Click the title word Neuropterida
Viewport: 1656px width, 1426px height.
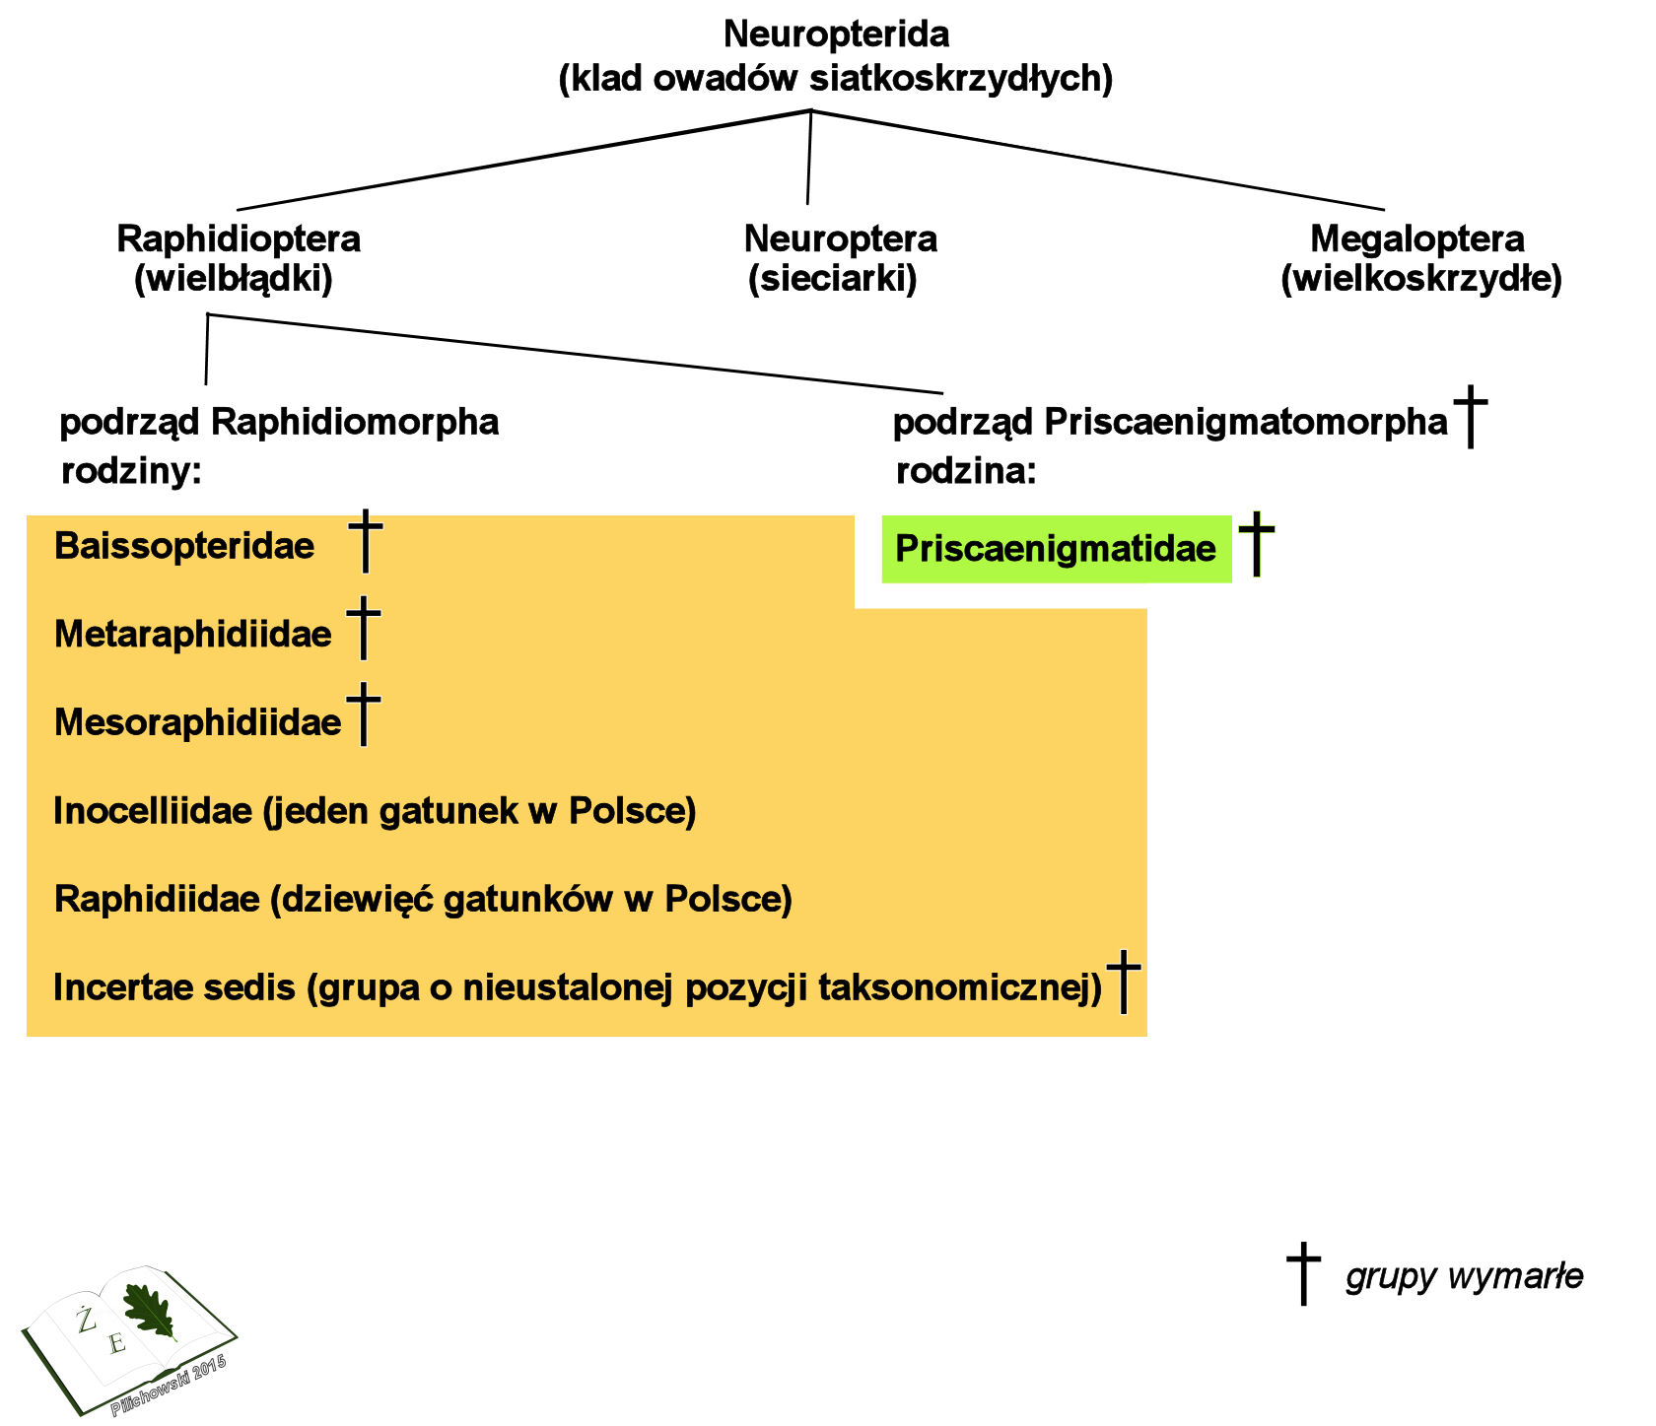[x=836, y=34]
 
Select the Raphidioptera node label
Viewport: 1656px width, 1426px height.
[x=239, y=238]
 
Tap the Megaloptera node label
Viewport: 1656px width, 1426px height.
[x=1416, y=238]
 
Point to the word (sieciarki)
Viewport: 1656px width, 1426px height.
[x=833, y=280]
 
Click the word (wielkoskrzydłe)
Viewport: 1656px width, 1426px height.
[x=1421, y=280]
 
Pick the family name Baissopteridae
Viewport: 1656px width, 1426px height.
[x=184, y=546]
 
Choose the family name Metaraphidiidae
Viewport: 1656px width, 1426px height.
[x=193, y=635]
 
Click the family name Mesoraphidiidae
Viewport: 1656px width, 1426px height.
[x=197, y=723]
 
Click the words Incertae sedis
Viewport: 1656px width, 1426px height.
[x=174, y=987]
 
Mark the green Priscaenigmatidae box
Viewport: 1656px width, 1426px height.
[x=1056, y=549]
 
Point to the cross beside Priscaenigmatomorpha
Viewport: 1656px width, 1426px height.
[x=1471, y=416]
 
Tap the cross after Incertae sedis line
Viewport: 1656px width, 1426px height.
[x=1124, y=982]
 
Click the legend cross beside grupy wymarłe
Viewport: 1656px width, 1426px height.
[x=1303, y=1273]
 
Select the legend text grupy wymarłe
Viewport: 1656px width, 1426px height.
[x=1464, y=1277]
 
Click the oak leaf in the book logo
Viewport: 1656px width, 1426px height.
[x=149, y=1311]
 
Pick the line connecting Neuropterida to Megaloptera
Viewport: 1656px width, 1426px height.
[x=1094, y=160]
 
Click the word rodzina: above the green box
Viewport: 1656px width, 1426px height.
[x=966, y=472]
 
